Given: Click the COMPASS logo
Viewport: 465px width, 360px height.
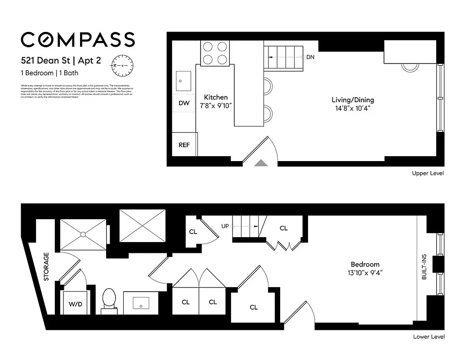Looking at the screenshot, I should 78,40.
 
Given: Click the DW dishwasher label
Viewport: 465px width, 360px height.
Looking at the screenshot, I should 184,103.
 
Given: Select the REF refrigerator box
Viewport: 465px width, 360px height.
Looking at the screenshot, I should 184,145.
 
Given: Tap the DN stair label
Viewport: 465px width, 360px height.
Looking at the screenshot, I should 310,57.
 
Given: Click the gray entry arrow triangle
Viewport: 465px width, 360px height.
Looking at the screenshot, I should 261,163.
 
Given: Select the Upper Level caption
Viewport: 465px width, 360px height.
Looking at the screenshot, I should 428,173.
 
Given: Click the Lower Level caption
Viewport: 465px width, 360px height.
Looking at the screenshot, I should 429,337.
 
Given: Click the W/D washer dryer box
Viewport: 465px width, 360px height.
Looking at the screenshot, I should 76,304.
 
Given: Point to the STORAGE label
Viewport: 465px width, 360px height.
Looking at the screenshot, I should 46,266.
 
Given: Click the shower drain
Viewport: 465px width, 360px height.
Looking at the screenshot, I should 83,234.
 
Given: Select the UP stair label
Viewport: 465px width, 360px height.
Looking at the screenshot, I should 225,226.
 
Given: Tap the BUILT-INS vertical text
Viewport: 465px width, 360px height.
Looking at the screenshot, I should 424,267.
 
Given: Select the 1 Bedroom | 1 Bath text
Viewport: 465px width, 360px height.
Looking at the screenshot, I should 48,73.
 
